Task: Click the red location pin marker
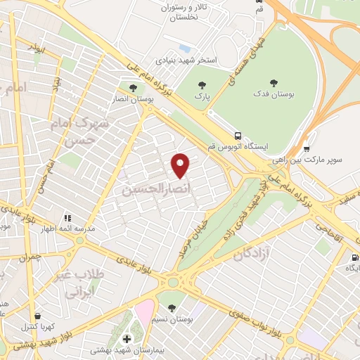pos(181,165)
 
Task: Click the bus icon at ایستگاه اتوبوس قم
pos(240,135)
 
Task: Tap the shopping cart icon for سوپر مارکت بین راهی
pos(307,148)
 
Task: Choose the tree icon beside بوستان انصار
pos(133,87)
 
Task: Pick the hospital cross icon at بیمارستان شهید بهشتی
pos(127,340)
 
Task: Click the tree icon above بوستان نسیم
pos(173,308)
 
